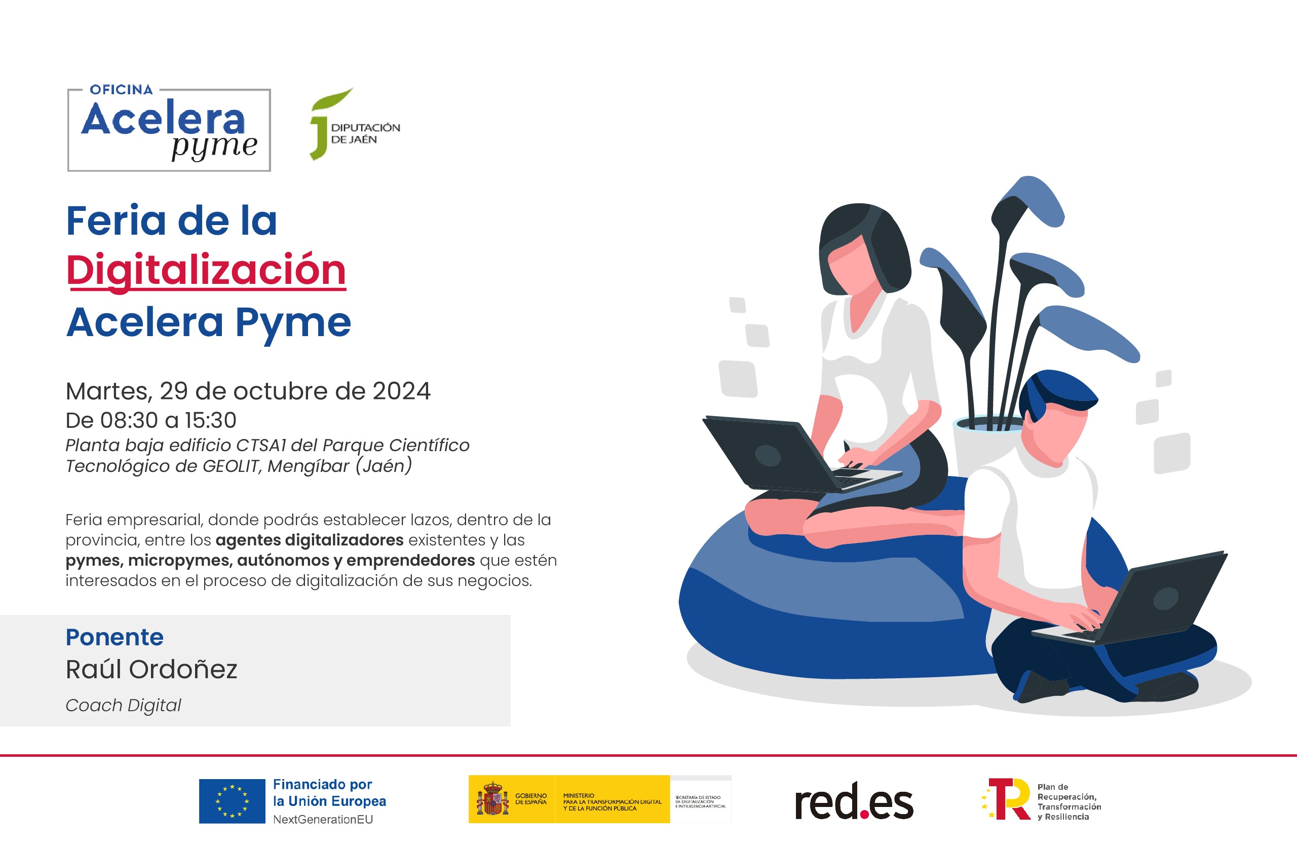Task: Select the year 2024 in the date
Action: (x=402, y=391)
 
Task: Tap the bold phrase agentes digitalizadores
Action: (x=310, y=540)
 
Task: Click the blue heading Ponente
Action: (x=115, y=637)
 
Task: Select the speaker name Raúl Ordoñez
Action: (x=151, y=670)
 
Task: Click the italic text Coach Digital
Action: (x=123, y=705)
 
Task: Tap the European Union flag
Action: (x=232, y=801)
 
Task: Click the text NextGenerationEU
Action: (x=323, y=819)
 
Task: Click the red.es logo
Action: (x=854, y=801)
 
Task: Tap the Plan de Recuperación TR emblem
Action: (x=1008, y=799)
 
